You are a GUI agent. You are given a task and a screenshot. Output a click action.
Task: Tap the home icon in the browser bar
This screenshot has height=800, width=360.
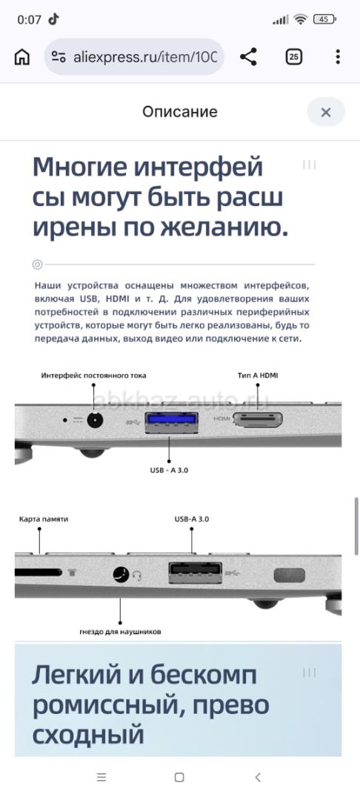pyautogui.click(x=21, y=57)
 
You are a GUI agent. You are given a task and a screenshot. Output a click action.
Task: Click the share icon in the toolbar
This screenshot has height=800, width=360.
pyautogui.click(x=248, y=56)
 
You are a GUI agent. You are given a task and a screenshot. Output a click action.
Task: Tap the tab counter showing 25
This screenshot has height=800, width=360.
pyautogui.click(x=293, y=56)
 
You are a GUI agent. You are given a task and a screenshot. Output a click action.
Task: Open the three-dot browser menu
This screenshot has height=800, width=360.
pyautogui.click(x=338, y=56)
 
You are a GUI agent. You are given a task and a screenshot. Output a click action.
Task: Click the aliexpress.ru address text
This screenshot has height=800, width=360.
pyautogui.click(x=145, y=57)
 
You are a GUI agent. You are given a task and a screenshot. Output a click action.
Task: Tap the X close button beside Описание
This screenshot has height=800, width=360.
pyautogui.click(x=326, y=112)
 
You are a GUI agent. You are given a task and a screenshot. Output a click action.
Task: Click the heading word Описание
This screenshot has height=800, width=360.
pyautogui.click(x=180, y=112)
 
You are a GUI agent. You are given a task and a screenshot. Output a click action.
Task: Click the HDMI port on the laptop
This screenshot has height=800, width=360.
pyautogui.click(x=258, y=419)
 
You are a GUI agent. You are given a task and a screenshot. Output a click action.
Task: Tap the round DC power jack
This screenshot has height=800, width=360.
pyautogui.click(x=94, y=421)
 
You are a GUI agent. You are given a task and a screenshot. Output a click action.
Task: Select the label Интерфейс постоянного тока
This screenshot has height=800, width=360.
pyautogui.click(x=94, y=376)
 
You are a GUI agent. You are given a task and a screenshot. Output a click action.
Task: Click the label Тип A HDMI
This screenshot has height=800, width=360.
pyautogui.click(x=258, y=376)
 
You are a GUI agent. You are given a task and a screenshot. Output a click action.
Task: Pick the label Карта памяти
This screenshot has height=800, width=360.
pyautogui.click(x=44, y=519)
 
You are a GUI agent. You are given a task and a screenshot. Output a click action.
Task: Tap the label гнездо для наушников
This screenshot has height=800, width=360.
pyautogui.click(x=120, y=632)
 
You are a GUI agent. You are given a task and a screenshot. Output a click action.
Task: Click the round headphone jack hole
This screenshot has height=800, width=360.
pyautogui.click(x=121, y=575)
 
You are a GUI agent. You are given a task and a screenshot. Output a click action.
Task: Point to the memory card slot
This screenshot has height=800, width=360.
pyautogui.click(x=39, y=573)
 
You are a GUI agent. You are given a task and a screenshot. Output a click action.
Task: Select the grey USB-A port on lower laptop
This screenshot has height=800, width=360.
pyautogui.click(x=196, y=572)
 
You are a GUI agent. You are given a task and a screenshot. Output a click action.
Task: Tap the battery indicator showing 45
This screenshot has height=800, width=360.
pyautogui.click(x=324, y=19)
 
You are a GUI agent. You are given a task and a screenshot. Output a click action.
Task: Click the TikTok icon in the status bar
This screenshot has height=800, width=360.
pyautogui.click(x=53, y=19)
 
